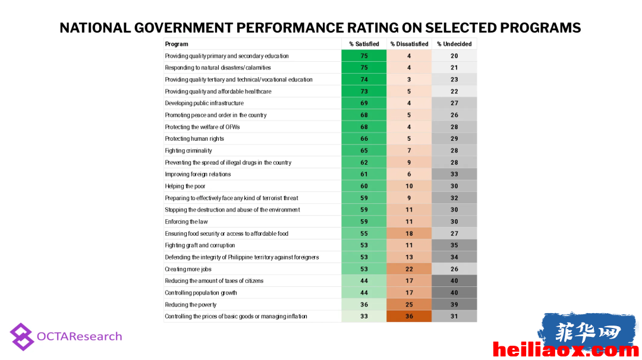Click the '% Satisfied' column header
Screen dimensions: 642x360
click(x=364, y=44)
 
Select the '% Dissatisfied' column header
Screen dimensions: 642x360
click(x=409, y=44)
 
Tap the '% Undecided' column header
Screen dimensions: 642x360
click(x=454, y=44)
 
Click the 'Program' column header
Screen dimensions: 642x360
click(x=177, y=44)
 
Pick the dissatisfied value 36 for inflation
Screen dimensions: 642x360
click(x=409, y=316)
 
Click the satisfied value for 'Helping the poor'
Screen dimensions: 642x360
click(x=364, y=186)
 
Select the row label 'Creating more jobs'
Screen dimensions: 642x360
click(x=188, y=269)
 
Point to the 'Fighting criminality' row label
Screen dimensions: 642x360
click(x=188, y=150)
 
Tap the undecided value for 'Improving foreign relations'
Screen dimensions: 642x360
click(x=454, y=174)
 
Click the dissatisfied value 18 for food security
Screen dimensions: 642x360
click(x=409, y=233)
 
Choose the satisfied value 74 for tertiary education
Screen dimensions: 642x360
click(x=364, y=80)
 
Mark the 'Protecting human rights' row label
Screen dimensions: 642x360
click(x=194, y=138)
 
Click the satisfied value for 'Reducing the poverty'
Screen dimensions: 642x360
click(x=364, y=305)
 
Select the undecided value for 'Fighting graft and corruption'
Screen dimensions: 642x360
click(x=454, y=245)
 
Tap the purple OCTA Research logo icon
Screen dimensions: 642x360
click(x=22, y=337)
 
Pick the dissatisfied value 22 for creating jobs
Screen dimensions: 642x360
click(x=409, y=269)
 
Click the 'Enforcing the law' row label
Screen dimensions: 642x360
click(x=186, y=222)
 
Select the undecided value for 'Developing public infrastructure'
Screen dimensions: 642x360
click(x=454, y=103)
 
